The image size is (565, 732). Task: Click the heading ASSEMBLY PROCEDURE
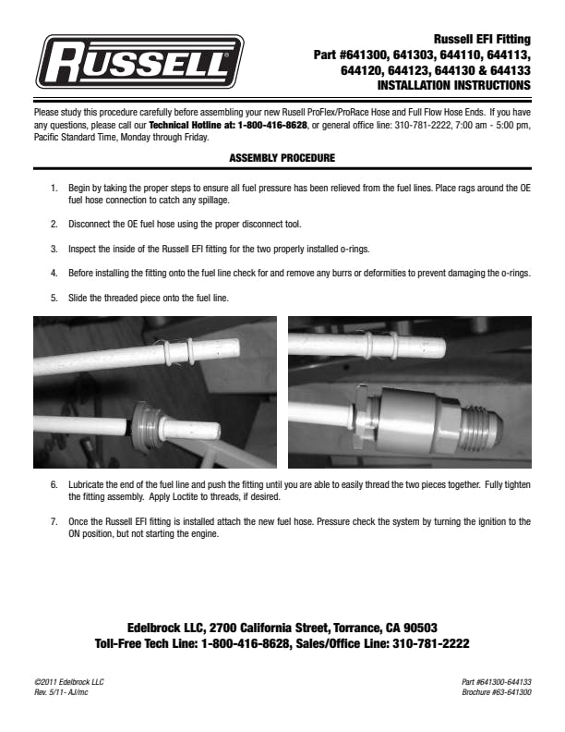click(282, 159)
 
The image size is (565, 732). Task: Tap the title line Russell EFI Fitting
click(482, 39)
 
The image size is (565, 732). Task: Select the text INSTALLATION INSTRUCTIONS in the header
click(454, 84)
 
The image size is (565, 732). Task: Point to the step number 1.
click(54, 188)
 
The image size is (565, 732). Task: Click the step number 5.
click(54, 298)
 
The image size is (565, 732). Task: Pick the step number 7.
click(54, 521)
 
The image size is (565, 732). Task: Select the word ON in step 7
click(78, 533)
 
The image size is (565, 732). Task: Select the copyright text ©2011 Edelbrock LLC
click(68, 682)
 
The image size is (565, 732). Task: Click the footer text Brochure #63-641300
click(496, 692)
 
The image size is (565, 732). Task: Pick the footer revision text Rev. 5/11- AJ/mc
click(61, 692)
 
